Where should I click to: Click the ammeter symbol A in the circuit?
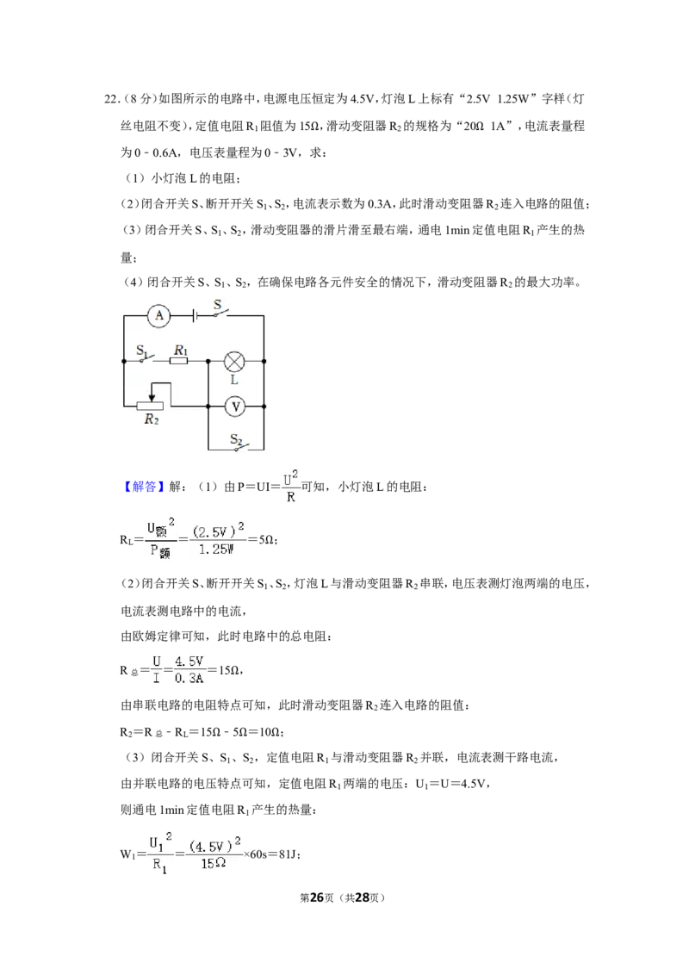click(159, 316)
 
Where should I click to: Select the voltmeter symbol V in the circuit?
click(235, 407)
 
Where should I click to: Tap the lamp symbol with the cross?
click(233, 361)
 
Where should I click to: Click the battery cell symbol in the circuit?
click(195, 316)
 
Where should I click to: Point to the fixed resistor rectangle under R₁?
click(178, 361)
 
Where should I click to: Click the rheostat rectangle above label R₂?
click(150, 407)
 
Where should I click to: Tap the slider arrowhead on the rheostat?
click(151, 397)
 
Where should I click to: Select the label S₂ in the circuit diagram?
click(236, 439)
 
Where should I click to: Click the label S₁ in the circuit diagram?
click(142, 351)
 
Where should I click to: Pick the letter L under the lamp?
click(234, 380)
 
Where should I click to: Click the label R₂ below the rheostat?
click(152, 419)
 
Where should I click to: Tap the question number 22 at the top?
click(111, 99)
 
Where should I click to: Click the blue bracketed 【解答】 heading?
click(145, 487)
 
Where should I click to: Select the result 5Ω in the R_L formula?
click(267, 540)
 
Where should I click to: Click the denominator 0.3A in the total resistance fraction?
click(189, 679)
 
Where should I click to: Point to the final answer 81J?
click(289, 854)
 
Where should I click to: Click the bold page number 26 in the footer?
click(317, 897)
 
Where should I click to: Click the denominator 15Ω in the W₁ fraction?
click(214, 864)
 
